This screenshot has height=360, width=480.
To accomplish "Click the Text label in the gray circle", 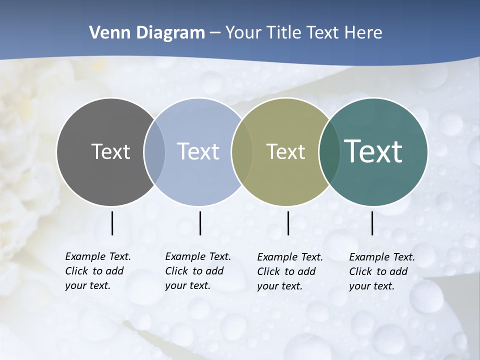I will coord(110,151).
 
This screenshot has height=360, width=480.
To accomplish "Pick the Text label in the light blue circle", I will coord(198,151).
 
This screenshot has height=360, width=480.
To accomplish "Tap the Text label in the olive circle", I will coord(285,151).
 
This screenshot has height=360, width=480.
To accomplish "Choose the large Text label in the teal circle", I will coord(373,151).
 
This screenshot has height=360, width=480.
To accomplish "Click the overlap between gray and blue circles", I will coord(154,151).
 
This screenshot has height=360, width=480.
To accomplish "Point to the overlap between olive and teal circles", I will coord(329,151).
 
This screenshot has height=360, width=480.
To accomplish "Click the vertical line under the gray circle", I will coord(112,223).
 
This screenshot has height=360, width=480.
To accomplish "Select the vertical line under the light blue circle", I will coord(200,223).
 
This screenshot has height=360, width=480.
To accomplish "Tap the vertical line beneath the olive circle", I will coord(288,223).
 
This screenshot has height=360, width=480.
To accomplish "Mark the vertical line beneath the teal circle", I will coord(372,223).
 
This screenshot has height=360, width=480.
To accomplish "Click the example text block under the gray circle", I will coord(97,271).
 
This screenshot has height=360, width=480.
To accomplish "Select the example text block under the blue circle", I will coord(197,271).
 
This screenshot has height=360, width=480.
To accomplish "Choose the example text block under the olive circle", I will coord(289,271).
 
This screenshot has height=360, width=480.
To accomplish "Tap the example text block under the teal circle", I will coord(381,271).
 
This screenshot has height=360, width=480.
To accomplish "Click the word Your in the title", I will coord(243,33).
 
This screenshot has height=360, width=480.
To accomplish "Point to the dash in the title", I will coord(215,33).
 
